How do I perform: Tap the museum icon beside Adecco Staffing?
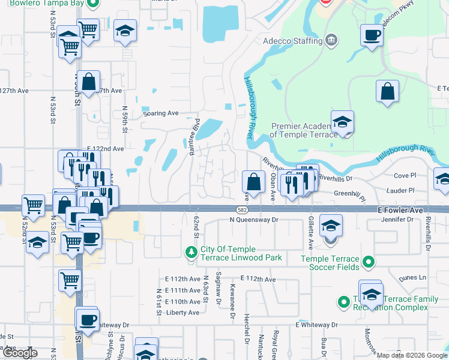pyautogui.click(x=330, y=41)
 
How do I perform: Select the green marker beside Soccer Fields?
pyautogui.click(x=370, y=262)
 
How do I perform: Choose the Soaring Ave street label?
pyautogui.click(x=161, y=113)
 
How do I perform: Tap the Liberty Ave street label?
pyautogui.click(x=182, y=313)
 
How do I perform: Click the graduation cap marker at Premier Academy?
pyautogui.click(x=342, y=122)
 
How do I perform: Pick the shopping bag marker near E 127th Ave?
pyautogui.click(x=88, y=83)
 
